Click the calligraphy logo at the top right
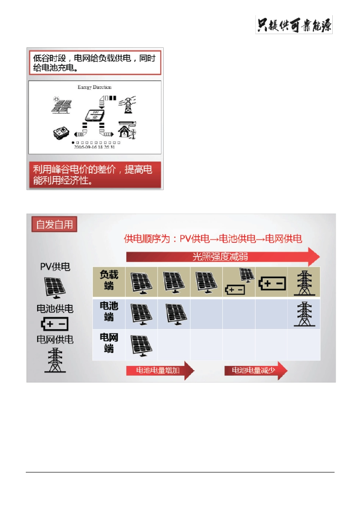pos(294,25)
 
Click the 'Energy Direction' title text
pos(94,87)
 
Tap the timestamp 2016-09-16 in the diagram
pos(94,147)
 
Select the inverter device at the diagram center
pos(94,115)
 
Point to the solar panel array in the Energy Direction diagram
pos(61,105)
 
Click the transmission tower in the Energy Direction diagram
pos(127,105)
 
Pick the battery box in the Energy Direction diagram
pos(61,133)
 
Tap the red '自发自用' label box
pos(55,224)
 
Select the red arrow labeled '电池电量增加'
pos(160,370)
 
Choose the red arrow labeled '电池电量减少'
pos(255,370)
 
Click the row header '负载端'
pos(109,280)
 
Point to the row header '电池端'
pos(109,311)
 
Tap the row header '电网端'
pos(109,343)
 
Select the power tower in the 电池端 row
pos(304,314)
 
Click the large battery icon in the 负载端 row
pos(272,283)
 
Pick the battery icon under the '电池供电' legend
pos(55,324)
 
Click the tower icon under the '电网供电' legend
pos(55,360)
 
